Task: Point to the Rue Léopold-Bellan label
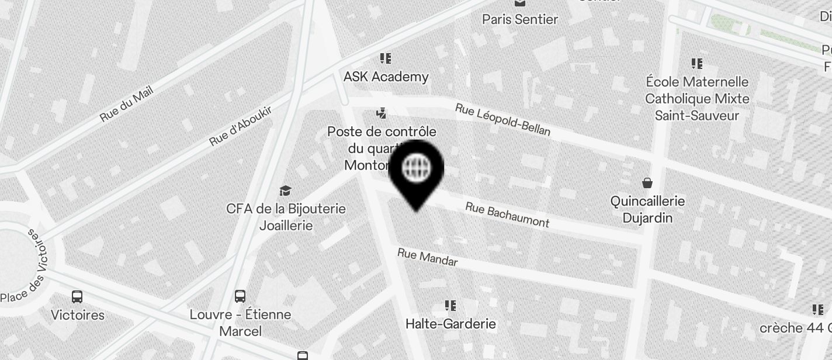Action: (502, 119)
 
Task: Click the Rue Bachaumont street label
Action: (507, 214)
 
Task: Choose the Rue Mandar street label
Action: (427, 257)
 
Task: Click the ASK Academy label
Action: (386, 77)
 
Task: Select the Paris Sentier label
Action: (520, 19)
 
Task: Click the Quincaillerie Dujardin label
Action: (647, 209)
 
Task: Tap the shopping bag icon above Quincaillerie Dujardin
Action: (647, 183)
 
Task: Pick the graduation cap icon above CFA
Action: (285, 191)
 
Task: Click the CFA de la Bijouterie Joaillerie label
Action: (286, 217)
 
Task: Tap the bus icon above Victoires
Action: (77, 296)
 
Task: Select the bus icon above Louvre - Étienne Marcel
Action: (240, 296)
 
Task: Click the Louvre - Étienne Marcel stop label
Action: (240, 323)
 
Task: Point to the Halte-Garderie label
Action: (450, 324)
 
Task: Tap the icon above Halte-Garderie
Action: (450, 305)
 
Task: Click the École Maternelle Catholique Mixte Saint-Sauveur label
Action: (696, 98)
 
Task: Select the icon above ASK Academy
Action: (386, 58)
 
